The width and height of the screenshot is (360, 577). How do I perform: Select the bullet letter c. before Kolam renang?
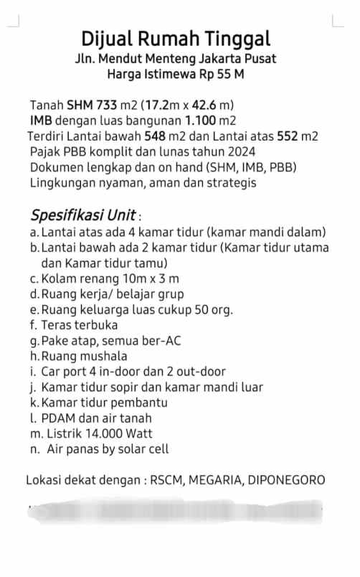pyautogui.click(x=34, y=278)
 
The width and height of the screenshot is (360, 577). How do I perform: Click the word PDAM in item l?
pyautogui.click(x=57, y=418)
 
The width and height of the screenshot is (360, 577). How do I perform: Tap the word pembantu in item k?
pyautogui.click(x=143, y=403)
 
